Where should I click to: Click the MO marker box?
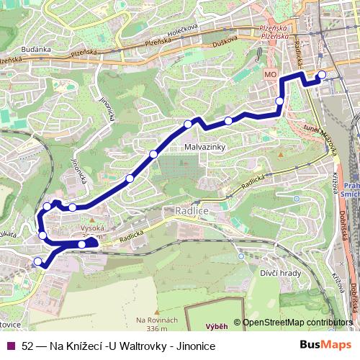click(x=271, y=73)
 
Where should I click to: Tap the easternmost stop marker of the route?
click(x=322, y=75)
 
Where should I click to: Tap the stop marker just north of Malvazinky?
click(x=189, y=124)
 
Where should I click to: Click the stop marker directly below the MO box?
click(x=279, y=102)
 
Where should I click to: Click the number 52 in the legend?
click(x=28, y=346)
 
